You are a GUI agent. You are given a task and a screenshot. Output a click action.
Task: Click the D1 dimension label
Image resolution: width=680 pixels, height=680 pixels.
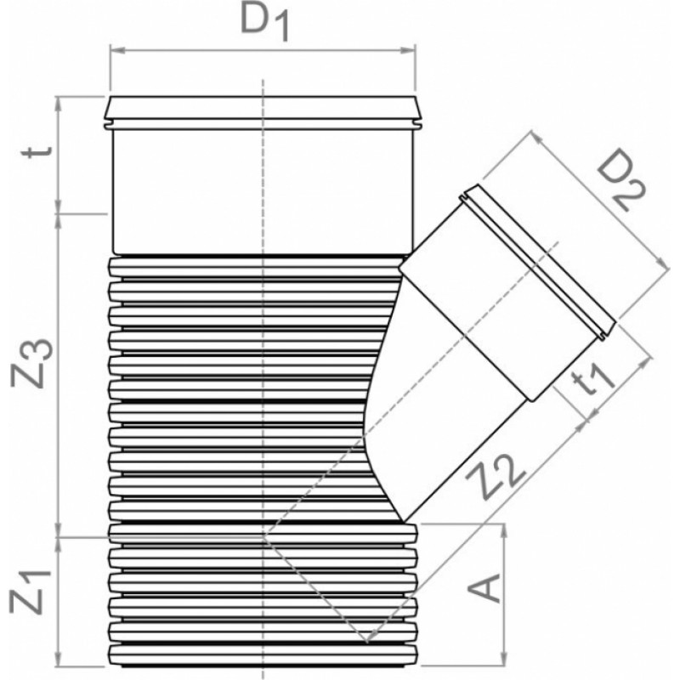click(264, 24)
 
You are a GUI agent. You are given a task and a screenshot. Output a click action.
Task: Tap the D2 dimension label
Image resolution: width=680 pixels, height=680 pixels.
click(621, 179)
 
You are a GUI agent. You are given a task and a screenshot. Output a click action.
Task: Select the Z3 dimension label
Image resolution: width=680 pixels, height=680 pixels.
click(32, 364)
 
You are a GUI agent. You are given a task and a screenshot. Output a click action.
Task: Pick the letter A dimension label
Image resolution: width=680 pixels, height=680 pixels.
click(484, 588)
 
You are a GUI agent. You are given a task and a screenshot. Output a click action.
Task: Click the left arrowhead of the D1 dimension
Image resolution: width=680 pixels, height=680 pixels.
click(117, 51)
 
